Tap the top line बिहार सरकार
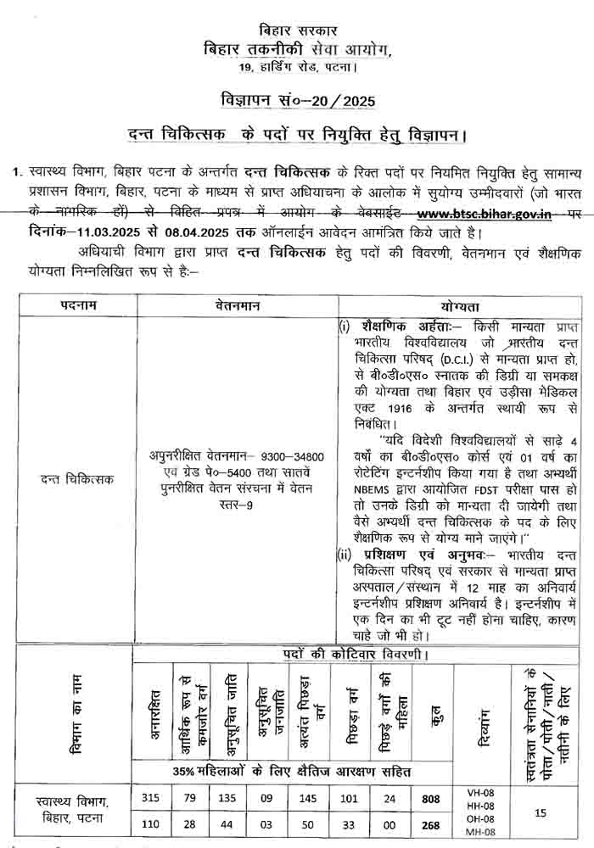[296, 31]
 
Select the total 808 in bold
[431, 798]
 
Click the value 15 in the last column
[541, 811]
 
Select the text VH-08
[480, 792]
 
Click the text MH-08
[480, 831]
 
